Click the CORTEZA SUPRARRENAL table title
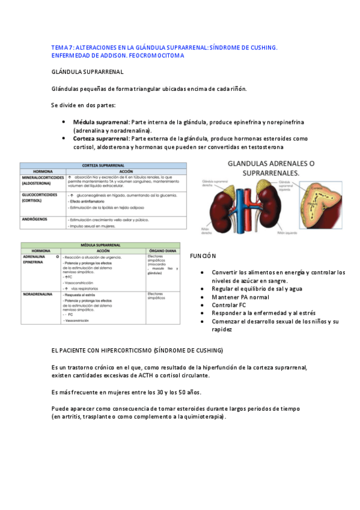click(x=103, y=164)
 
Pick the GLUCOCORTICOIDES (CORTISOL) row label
click(x=40, y=198)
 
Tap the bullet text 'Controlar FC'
click(x=229, y=305)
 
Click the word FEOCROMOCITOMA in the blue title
click(x=157, y=55)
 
